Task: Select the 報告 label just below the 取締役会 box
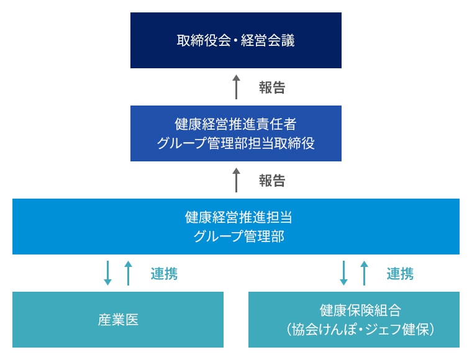pyautogui.click(x=272, y=88)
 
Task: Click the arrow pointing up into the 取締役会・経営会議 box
pyautogui.click(x=236, y=87)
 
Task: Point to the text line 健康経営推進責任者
pyautogui.click(x=235, y=124)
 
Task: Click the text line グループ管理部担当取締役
pyautogui.click(x=235, y=143)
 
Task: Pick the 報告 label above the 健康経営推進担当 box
pyautogui.click(x=272, y=181)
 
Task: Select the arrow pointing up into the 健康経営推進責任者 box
pyautogui.click(x=236, y=180)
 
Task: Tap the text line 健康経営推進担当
pyautogui.click(x=235, y=218)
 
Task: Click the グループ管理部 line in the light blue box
pyautogui.click(x=235, y=236)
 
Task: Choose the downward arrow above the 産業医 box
pyautogui.click(x=107, y=273)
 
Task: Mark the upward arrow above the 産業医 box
pyautogui.click(x=129, y=273)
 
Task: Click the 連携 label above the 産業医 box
pyautogui.click(x=164, y=274)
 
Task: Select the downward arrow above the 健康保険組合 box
pyautogui.click(x=343, y=273)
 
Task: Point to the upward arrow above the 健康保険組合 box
pyautogui.click(x=365, y=273)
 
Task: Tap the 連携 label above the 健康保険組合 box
pyautogui.click(x=400, y=274)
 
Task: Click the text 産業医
pyautogui.click(x=118, y=320)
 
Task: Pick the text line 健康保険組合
pyautogui.click(x=353, y=310)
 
